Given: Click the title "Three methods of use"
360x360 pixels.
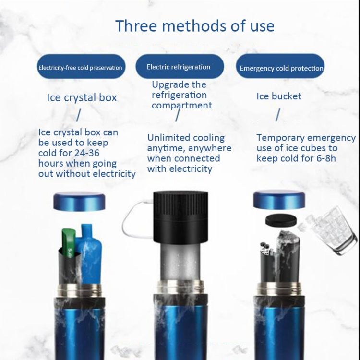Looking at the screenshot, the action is point(195,26).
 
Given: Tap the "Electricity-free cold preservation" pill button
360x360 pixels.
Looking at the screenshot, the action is point(81,66).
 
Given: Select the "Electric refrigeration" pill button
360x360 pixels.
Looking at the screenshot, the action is point(180,66).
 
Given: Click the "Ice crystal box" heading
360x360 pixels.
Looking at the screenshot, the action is point(82,97).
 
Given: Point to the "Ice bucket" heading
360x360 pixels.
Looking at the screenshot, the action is point(279,96).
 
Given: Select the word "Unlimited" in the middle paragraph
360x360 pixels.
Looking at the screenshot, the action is point(165,138).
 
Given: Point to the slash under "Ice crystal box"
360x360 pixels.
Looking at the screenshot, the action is point(78,115).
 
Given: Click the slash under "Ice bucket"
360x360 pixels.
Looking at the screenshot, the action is point(278,115).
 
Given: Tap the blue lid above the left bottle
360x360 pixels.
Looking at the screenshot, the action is point(79,201).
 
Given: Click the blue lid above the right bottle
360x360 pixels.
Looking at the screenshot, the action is point(279,200).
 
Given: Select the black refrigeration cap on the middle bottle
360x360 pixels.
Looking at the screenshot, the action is point(180,217).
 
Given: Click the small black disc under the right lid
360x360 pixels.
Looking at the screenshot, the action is point(281,220).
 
